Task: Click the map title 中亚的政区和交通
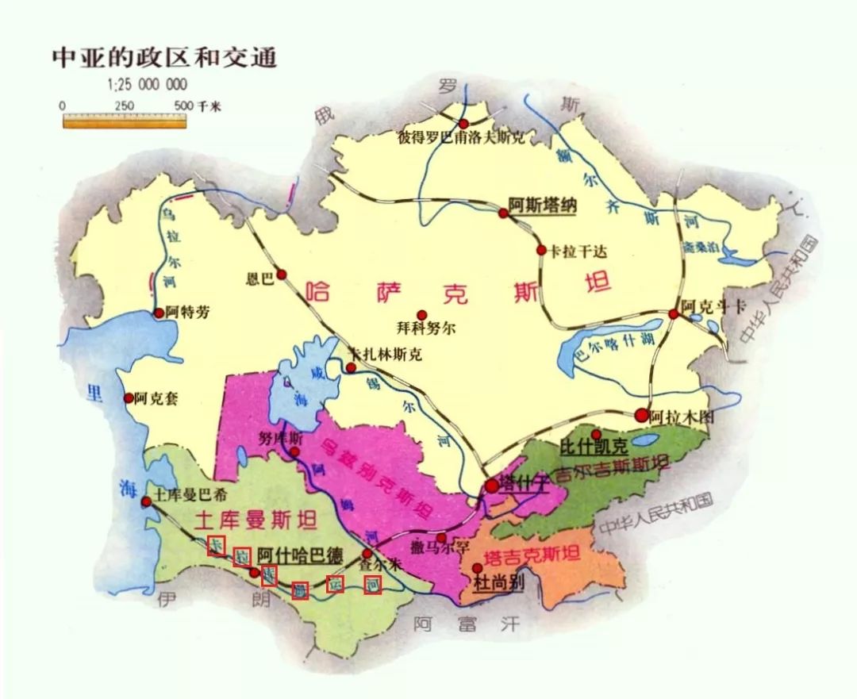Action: click(x=164, y=58)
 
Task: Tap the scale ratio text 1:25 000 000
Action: click(x=147, y=85)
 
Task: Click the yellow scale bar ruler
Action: click(x=125, y=121)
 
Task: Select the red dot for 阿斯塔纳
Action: click(x=502, y=213)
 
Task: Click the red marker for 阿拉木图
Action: click(x=641, y=414)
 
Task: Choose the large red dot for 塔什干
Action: click(x=492, y=486)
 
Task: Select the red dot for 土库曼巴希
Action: click(x=146, y=501)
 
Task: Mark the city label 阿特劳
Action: click(x=189, y=313)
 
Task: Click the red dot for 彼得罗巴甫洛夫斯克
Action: click(x=463, y=123)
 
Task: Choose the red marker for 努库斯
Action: click(x=294, y=452)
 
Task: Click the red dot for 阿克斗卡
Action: click(x=674, y=314)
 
